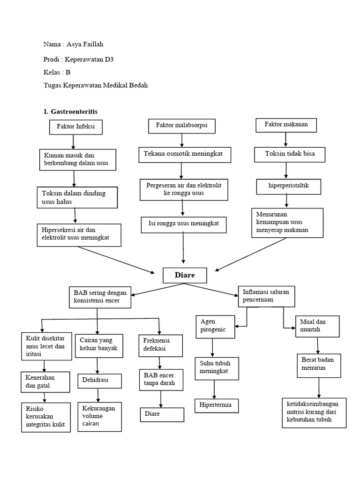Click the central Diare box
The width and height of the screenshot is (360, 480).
point(185,275)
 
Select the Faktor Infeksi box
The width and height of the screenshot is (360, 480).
point(75,127)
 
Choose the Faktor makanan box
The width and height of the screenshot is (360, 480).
point(286,125)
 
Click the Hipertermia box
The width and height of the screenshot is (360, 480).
point(216,405)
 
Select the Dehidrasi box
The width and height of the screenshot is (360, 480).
point(99,381)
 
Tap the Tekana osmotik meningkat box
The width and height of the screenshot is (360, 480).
point(185,155)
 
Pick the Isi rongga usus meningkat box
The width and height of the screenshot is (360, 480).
point(184,225)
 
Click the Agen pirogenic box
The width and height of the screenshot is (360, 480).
point(215,326)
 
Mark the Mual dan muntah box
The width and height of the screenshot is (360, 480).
point(317,326)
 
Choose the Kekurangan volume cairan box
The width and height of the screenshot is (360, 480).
point(98,416)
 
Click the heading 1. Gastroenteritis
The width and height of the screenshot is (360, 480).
point(70,112)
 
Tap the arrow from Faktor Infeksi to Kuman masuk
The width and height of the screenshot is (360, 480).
point(73,142)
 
